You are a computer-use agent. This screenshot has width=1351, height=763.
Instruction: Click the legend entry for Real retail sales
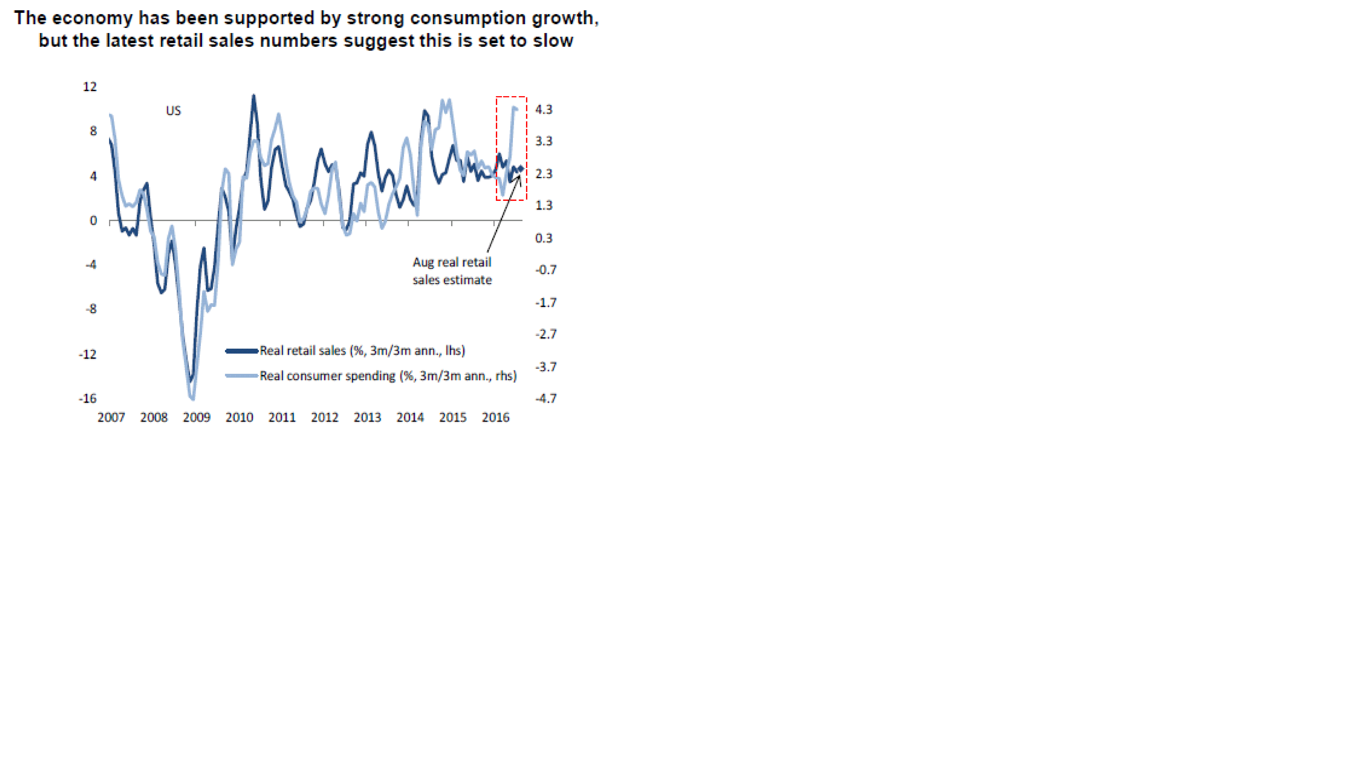362,351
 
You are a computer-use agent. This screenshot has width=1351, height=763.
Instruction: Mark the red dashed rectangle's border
497,147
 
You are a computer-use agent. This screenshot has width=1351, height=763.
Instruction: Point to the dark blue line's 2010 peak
254,96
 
